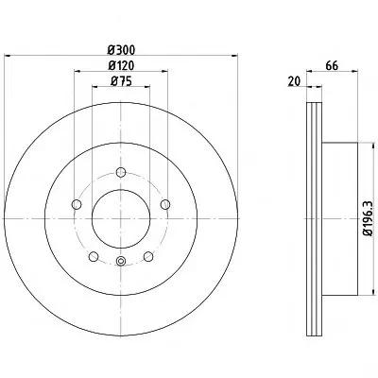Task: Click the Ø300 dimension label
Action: click(x=121, y=50)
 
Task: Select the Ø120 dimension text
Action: click(x=121, y=65)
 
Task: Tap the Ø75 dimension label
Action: click(x=121, y=81)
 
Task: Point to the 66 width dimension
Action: click(x=332, y=66)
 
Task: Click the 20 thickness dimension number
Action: click(x=294, y=81)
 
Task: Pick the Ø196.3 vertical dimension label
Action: click(x=368, y=218)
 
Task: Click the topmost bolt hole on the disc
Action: click(x=121, y=172)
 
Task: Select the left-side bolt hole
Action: click(x=77, y=204)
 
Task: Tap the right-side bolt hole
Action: click(x=165, y=204)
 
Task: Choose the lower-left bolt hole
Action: click(x=94, y=257)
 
